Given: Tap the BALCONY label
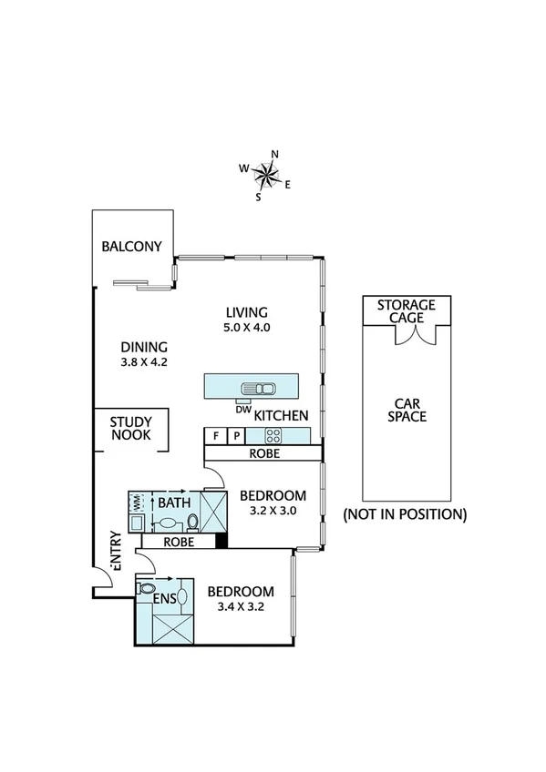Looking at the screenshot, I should (x=131, y=247).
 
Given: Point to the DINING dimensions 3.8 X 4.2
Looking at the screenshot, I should (x=144, y=361).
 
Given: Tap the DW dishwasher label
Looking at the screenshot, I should (x=242, y=410).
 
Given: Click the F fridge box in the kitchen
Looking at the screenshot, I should (x=214, y=436).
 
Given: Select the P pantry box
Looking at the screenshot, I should (x=233, y=436).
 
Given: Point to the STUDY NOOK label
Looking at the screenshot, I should (x=130, y=429).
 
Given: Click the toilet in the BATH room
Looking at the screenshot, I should (x=192, y=522).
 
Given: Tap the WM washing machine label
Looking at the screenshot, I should (x=138, y=502).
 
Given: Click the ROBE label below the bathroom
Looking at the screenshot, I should (x=179, y=541).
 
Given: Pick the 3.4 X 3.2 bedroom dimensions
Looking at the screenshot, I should (x=241, y=606).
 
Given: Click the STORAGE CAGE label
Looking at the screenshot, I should (x=407, y=311).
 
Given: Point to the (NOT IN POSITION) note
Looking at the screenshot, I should (x=405, y=514).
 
